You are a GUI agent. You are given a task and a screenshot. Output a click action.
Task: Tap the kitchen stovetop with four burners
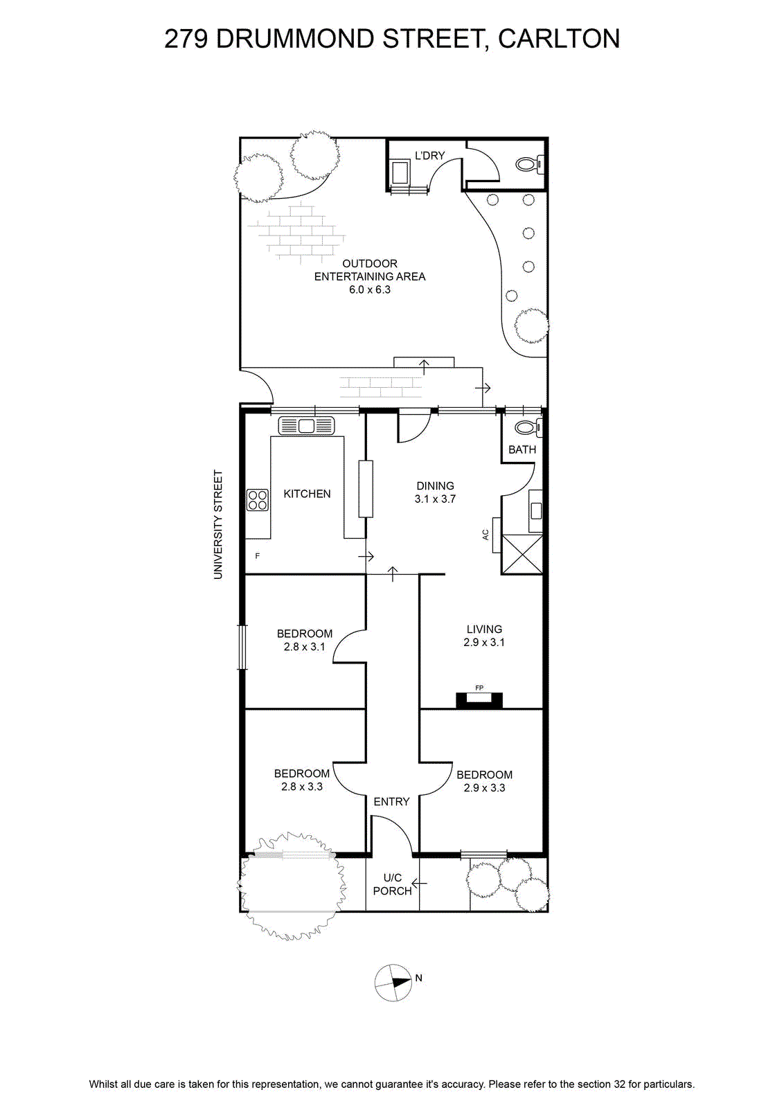[x=258, y=499]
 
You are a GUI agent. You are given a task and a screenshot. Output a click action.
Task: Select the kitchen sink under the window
[x=306, y=426]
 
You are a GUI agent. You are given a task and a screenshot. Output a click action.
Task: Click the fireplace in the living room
[x=479, y=700]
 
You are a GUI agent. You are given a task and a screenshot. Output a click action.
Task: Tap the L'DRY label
[x=430, y=155]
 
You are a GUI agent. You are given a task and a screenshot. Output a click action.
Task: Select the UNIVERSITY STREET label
[x=218, y=524]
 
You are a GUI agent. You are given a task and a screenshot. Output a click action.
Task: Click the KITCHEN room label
[x=307, y=494]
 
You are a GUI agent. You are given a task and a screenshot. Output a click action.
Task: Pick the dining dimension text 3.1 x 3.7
[x=435, y=499]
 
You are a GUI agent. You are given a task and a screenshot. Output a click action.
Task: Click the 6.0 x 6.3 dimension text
[x=370, y=290]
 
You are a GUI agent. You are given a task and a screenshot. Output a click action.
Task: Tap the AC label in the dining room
[x=485, y=535]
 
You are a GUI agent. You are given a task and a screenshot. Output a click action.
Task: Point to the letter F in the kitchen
[x=257, y=556]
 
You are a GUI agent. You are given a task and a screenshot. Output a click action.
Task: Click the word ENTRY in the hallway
[x=391, y=802]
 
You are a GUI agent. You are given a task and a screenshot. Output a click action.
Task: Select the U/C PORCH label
[x=392, y=884]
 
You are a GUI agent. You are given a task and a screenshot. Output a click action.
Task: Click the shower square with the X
[x=522, y=554]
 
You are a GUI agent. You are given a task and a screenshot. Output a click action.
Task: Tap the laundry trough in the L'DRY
[x=400, y=172]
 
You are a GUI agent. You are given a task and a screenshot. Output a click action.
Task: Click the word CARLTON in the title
[x=559, y=39]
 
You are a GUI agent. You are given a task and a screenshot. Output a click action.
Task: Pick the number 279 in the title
[x=186, y=39]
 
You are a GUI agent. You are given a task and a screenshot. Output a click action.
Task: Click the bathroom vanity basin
[x=535, y=510]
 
